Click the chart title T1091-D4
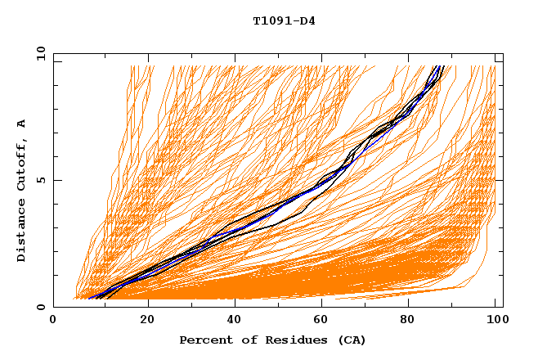(284, 20)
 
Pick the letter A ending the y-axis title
(21, 123)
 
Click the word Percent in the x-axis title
(204, 340)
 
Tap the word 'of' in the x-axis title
(245, 340)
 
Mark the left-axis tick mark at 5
(56, 181)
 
